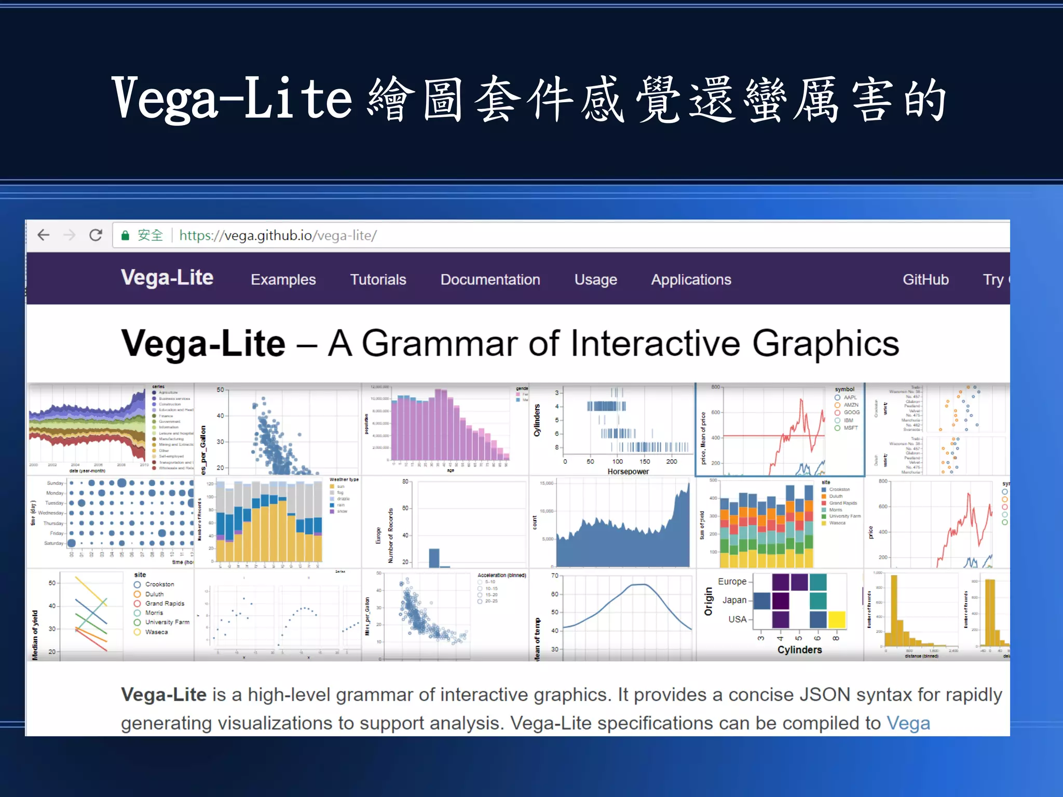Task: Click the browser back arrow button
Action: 44,236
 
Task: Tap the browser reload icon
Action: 96,236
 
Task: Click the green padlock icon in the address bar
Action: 125,236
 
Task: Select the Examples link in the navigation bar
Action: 283,280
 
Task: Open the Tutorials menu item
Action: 378,280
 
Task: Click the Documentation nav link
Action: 490,280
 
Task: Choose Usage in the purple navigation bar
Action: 595,280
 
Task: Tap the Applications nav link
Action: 691,280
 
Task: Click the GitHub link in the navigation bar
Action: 925,280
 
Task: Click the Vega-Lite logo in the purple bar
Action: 167,278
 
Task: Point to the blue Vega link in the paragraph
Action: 908,723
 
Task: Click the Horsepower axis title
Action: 628,471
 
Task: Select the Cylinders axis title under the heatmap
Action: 799,650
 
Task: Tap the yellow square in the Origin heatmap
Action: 837,620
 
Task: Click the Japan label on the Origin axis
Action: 734,600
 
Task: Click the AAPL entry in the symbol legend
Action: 850,397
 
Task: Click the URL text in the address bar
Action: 278,236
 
